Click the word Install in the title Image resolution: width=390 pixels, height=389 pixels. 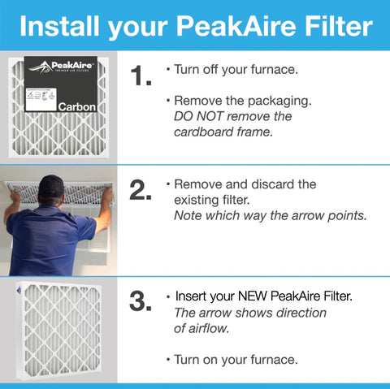click(x=59, y=28)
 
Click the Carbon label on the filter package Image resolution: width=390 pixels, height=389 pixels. click(x=76, y=106)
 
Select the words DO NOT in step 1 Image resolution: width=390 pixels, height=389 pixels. click(x=203, y=116)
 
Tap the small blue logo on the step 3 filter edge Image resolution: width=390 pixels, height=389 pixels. click(x=10, y=289)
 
